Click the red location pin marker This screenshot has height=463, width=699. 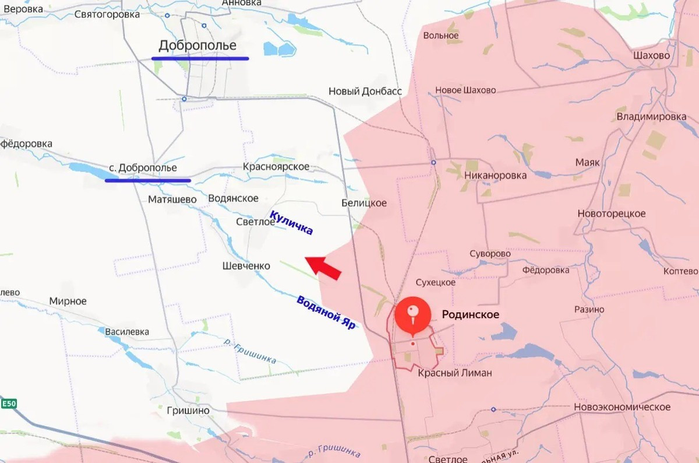click(413, 315)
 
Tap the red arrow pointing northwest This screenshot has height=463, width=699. click(323, 268)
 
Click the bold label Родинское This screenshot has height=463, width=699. click(471, 314)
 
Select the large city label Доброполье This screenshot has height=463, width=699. click(197, 45)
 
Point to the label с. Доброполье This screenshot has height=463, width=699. click(143, 168)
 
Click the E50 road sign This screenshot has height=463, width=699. click(9, 404)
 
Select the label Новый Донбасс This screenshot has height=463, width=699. click(365, 92)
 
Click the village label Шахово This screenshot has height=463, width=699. click(651, 56)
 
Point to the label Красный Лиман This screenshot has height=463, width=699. click(454, 373)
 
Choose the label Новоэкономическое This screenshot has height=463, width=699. click(622, 407)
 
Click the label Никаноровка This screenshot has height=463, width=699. click(495, 175)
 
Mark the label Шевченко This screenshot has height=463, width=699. click(246, 266)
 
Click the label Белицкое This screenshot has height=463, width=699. click(364, 203)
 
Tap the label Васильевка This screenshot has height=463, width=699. click(127, 332)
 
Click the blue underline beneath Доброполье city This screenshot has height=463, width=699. click(200, 58)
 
